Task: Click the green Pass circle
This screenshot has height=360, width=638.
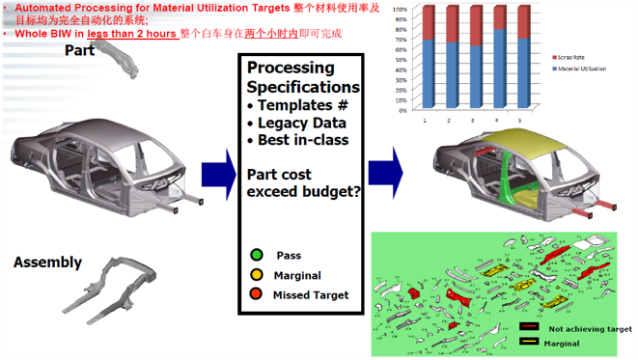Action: (257, 255)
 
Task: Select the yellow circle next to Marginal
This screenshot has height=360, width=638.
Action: (257, 274)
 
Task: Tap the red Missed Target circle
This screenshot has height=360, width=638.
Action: (257, 294)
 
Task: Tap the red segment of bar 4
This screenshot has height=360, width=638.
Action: (499, 18)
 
